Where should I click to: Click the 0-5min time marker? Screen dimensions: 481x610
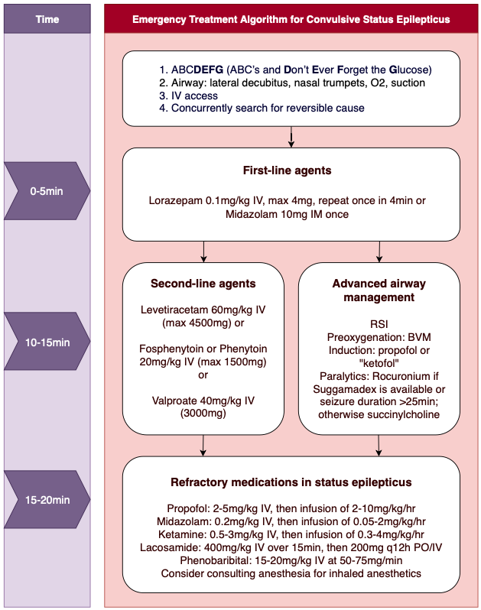(47, 191)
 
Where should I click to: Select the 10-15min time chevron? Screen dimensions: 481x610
(47, 341)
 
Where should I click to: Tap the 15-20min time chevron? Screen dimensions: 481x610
(47, 499)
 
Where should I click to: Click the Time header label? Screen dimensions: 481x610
(47, 19)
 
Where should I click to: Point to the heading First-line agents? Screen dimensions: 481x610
(288, 170)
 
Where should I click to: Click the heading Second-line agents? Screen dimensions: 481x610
(203, 284)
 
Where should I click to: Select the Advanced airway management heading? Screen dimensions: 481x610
(379, 290)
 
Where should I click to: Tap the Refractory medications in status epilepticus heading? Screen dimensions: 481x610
(291, 482)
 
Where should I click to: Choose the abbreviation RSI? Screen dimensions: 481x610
(379, 324)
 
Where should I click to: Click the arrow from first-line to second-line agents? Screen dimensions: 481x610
(203, 251)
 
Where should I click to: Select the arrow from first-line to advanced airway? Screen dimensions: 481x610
(379, 251)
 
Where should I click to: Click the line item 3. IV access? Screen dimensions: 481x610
(188, 96)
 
